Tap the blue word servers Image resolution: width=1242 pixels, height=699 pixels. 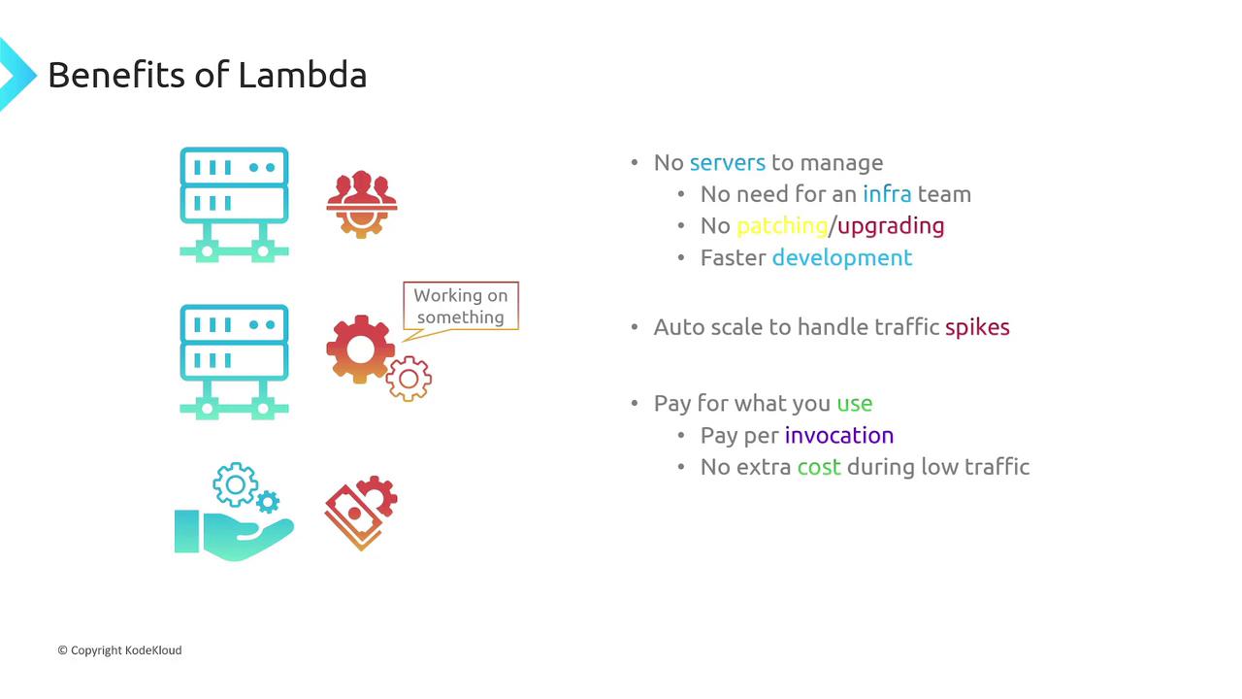(727, 162)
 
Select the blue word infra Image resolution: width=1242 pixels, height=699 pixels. (887, 194)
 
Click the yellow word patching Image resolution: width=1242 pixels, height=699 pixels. (781, 226)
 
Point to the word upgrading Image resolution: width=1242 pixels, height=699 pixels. (891, 226)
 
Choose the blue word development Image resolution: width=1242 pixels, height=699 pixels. (841, 257)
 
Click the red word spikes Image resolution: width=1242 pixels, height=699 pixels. (977, 327)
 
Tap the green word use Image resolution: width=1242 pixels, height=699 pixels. (854, 403)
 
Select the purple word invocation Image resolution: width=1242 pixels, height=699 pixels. (838, 435)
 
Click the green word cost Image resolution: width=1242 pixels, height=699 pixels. (818, 467)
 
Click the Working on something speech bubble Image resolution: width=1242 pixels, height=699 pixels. (461, 307)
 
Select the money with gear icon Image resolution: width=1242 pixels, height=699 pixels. (360, 512)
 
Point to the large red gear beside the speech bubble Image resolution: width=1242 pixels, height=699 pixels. (360, 349)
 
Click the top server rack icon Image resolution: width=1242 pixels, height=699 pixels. (234, 204)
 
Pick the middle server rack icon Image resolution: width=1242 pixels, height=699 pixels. (234, 361)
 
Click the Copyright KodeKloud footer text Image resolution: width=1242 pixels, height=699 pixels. (119, 650)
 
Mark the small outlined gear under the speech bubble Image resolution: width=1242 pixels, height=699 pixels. (409, 380)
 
